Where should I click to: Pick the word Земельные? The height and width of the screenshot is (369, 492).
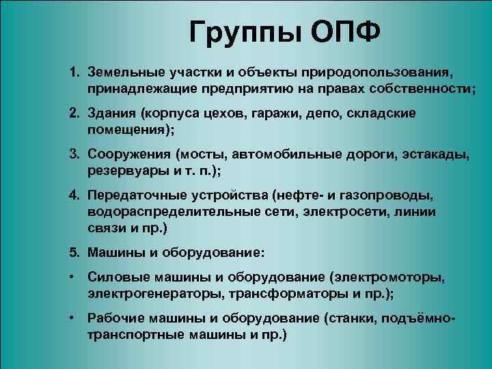click(120, 72)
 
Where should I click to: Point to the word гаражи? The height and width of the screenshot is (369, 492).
click(290, 113)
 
